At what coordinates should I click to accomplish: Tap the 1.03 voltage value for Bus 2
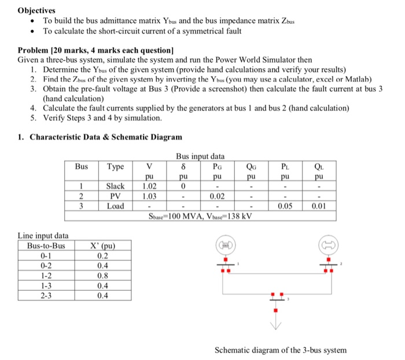(148, 196)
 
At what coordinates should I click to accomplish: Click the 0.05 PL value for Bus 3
(286, 205)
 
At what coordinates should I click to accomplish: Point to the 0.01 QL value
(319, 205)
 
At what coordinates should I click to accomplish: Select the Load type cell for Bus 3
(116, 205)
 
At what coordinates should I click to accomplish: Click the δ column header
(183, 167)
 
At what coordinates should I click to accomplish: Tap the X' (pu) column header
(107, 245)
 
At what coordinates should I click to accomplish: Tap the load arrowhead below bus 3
(277, 327)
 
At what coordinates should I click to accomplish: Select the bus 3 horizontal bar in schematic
(277, 299)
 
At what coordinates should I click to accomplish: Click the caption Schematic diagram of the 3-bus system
(281, 350)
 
